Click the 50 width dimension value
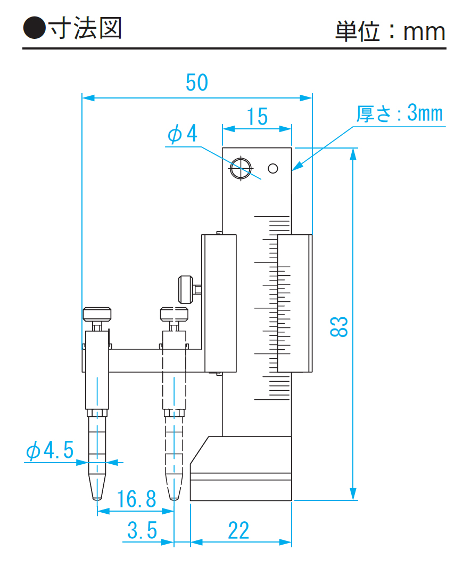(x=197, y=83)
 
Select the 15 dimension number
(x=257, y=117)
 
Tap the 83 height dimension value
(x=338, y=326)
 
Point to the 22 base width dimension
(x=238, y=530)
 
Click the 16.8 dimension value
(x=136, y=499)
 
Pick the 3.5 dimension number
(x=142, y=530)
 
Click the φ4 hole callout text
(x=182, y=134)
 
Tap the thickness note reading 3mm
(x=425, y=113)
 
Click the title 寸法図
(x=85, y=28)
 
